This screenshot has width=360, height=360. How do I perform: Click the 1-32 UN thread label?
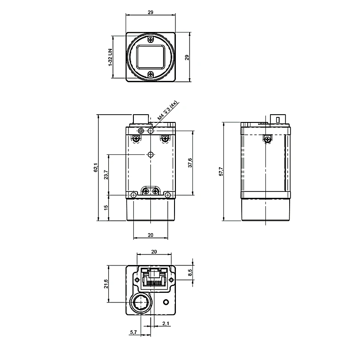click(x=111, y=58)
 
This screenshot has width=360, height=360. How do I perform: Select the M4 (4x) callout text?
click(x=168, y=111)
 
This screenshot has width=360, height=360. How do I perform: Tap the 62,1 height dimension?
click(x=95, y=167)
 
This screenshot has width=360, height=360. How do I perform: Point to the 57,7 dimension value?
click(x=221, y=171)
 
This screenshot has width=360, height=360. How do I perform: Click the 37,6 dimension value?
click(x=190, y=163)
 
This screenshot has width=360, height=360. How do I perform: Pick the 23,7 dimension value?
click(x=106, y=175)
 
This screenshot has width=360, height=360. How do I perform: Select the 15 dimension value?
click(x=106, y=207)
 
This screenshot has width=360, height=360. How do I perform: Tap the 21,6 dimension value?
click(x=106, y=284)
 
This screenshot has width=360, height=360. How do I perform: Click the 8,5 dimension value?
click(x=190, y=273)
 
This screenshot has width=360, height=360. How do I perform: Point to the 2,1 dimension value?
click(x=166, y=323)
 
